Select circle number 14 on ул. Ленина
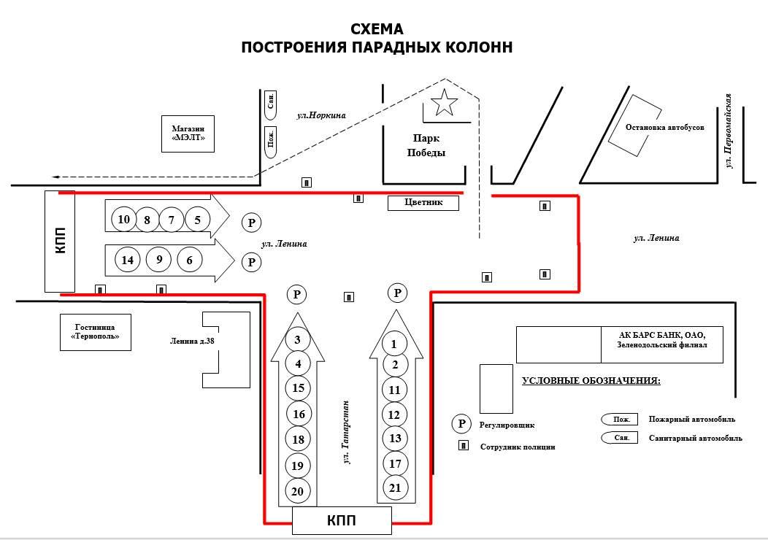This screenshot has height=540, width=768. click(x=128, y=260)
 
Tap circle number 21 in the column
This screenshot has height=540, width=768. click(x=395, y=487)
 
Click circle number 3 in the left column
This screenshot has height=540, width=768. click(x=297, y=339)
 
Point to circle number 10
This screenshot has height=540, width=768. click(x=124, y=219)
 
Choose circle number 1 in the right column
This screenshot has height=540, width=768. click(x=395, y=343)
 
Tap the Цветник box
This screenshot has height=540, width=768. click(x=423, y=203)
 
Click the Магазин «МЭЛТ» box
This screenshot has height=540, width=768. click(x=188, y=133)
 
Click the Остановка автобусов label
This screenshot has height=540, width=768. click(x=665, y=126)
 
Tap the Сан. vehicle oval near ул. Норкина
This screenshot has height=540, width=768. click(x=271, y=105)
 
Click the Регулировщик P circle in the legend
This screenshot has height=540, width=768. click(x=461, y=423)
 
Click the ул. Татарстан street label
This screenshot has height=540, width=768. click(x=346, y=432)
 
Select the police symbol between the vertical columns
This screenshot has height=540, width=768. click(x=349, y=297)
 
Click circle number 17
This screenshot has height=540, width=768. click(x=395, y=463)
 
